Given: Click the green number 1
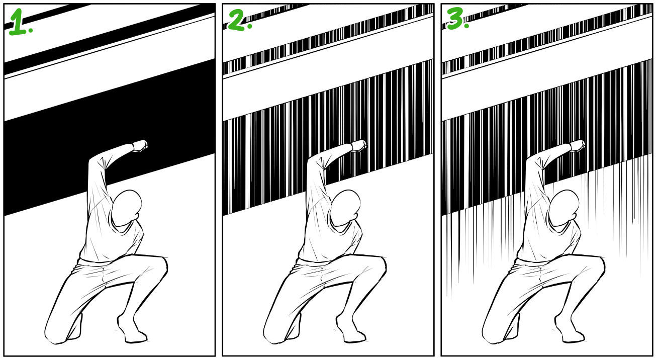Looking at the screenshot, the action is pos(18,22).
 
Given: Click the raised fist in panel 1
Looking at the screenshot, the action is pos(140,146).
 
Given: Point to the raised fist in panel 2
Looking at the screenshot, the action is pos(359,146).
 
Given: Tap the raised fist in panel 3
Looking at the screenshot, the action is pos(578,146).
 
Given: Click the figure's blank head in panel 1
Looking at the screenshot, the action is pos(127,208).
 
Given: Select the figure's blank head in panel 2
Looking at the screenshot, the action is pos(345,208).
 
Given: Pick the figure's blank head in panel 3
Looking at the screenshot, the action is pos(564,208).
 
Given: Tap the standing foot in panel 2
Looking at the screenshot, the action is pos(351,330).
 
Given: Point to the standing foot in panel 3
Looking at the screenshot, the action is pos(570,330).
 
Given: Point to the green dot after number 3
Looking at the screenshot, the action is pos(467,26).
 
